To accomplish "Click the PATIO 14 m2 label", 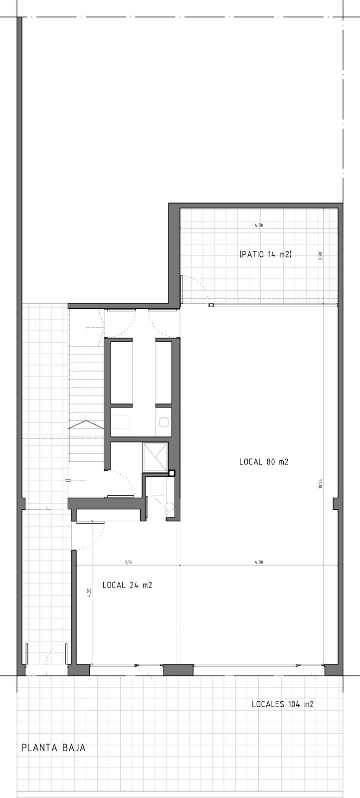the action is [x=265, y=254].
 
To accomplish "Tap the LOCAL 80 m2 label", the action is [x=264, y=462].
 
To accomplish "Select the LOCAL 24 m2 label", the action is [x=127, y=585].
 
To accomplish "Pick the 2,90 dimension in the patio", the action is [x=321, y=256].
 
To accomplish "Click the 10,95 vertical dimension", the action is [x=321, y=484].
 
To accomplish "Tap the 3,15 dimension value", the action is [x=128, y=562].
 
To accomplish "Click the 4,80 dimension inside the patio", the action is [x=259, y=225].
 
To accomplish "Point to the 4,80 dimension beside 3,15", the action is [x=259, y=562].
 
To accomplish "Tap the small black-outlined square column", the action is [x=172, y=473].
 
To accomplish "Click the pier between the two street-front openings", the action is [x=178, y=670].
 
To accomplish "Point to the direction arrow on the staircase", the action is [x=85, y=424].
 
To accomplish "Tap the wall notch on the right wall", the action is [x=335, y=504].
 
